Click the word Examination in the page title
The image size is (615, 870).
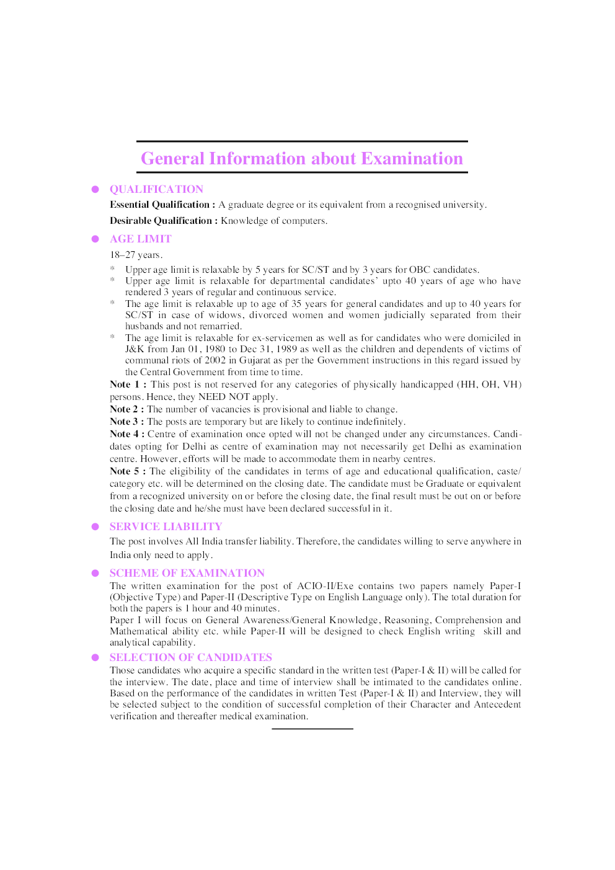coord(412,159)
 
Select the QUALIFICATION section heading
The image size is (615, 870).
coord(156,189)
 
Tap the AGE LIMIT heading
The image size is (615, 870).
coord(140,239)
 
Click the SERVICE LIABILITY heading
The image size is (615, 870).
coord(166,526)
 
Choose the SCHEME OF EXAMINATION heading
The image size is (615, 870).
coord(187,573)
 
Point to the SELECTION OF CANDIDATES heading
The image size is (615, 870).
coord(190,657)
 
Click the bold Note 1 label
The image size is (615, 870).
coord(127,384)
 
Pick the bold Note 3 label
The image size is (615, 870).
coord(126,422)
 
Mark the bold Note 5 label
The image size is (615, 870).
coord(127,471)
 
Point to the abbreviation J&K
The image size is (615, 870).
coord(135,349)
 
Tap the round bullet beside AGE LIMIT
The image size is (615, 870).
coord(95,239)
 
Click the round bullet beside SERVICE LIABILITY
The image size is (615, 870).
coord(95,526)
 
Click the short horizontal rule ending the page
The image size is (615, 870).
coord(312,729)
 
